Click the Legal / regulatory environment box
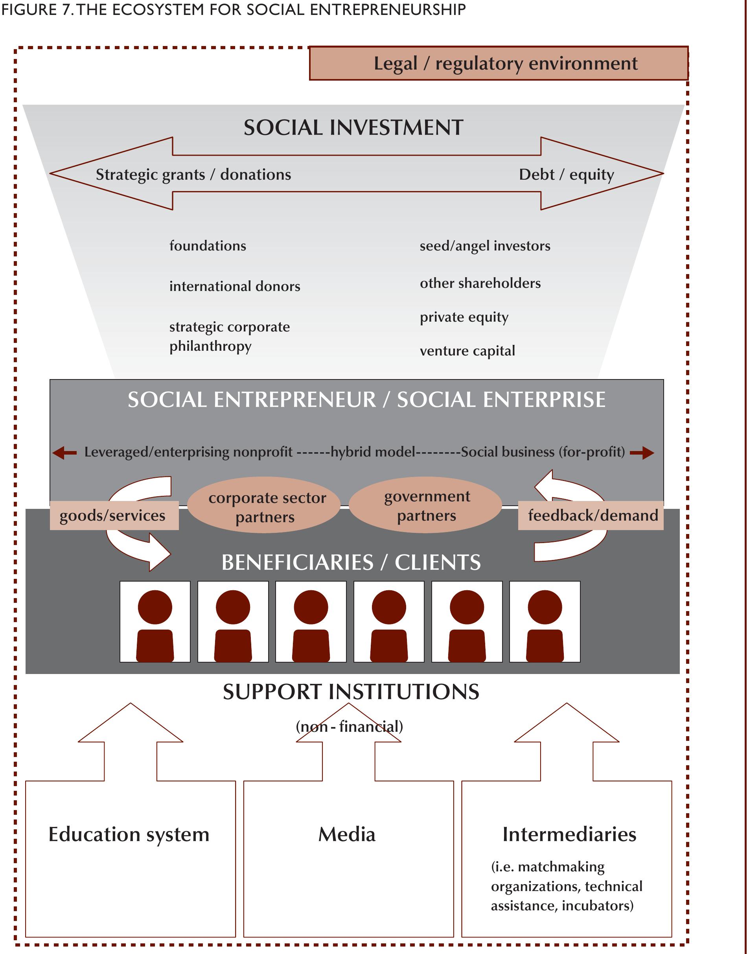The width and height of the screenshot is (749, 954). click(499, 64)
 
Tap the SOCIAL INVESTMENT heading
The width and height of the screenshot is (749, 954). click(353, 128)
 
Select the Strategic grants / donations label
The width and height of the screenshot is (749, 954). click(193, 175)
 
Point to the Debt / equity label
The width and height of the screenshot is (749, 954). click(566, 175)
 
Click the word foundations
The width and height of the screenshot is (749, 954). click(208, 246)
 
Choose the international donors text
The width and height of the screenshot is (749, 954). click(235, 286)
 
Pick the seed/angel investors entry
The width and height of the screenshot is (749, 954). click(484, 246)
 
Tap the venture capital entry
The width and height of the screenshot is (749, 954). click(467, 351)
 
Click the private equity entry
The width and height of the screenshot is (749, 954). click(464, 317)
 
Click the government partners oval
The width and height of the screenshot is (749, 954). click(426, 506)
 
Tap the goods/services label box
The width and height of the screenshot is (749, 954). click(114, 516)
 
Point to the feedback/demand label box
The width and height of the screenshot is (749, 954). click(591, 516)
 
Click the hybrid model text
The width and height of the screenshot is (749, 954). click(372, 452)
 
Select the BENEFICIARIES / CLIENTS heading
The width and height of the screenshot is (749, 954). click(351, 563)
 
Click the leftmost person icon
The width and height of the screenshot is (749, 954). click(155, 622)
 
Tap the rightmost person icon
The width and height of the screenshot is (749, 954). click(545, 622)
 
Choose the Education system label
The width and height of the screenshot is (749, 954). click(129, 834)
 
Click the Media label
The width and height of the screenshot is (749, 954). click(347, 834)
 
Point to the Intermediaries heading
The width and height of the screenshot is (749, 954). click(569, 834)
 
